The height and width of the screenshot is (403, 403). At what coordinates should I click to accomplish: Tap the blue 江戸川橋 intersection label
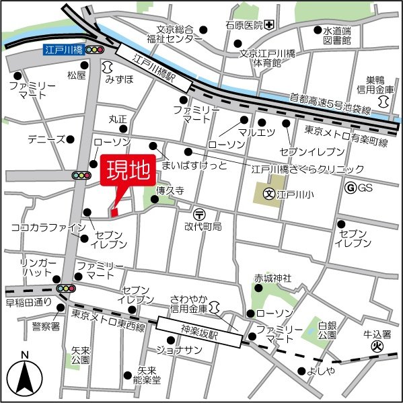point(63,50)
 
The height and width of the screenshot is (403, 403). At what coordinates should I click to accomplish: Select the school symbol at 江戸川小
point(268,196)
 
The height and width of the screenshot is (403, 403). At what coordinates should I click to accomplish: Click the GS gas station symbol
point(349,188)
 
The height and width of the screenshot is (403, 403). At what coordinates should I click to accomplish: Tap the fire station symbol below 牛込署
point(378,347)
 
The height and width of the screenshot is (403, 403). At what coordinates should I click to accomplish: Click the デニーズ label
point(46,139)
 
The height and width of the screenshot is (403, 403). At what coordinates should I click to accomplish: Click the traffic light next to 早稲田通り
point(65,288)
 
